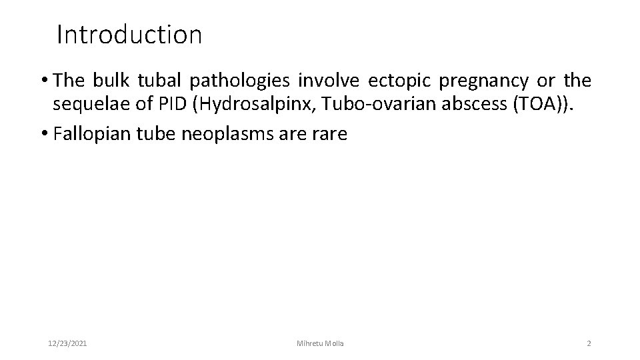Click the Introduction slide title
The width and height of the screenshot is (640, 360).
(x=129, y=35)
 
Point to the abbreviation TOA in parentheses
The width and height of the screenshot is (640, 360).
(x=530, y=107)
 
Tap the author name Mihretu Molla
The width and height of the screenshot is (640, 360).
(x=320, y=343)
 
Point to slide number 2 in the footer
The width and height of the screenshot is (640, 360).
(x=589, y=343)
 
